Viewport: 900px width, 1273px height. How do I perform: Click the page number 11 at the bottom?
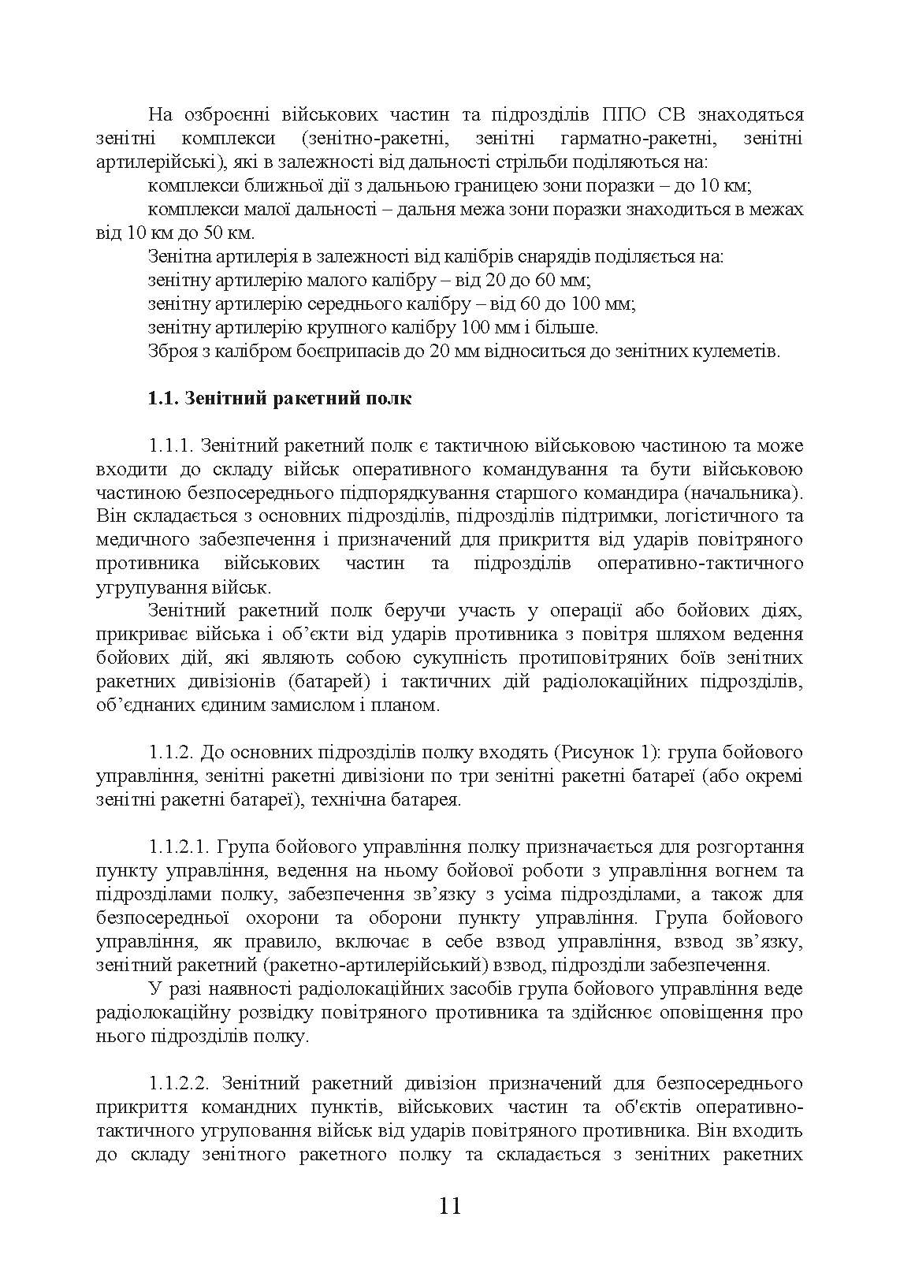tap(449, 1207)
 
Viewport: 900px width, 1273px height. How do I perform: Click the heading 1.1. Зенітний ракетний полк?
tap(279, 398)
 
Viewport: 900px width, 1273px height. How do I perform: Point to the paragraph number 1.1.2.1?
tap(178, 847)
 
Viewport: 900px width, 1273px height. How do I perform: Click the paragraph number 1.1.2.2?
tap(178, 1084)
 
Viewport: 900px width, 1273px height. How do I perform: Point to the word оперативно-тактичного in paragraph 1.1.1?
tap(701, 564)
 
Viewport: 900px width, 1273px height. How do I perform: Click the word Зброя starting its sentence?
tap(169, 351)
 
